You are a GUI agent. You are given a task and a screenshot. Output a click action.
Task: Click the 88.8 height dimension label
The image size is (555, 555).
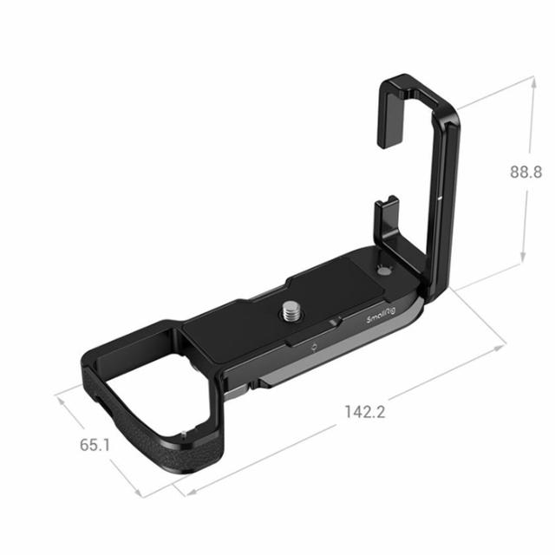[x=526, y=172]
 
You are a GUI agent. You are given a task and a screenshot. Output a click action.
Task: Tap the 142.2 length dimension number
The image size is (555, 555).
[x=364, y=412]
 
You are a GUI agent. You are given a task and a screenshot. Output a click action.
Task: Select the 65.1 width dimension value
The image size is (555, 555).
[x=95, y=445]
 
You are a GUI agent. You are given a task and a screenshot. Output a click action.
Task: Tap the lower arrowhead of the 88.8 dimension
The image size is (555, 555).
[x=523, y=260]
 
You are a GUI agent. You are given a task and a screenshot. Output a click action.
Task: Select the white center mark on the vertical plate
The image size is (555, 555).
[x=441, y=199]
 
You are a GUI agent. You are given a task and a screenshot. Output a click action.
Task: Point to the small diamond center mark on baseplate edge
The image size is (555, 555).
[x=314, y=349]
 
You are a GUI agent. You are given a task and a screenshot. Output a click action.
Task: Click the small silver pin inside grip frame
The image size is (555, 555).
[x=184, y=434]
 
